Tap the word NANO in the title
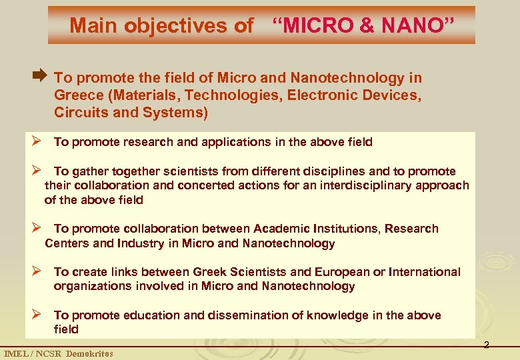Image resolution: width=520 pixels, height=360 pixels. (413, 26)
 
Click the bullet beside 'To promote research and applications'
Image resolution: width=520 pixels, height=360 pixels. (39, 141)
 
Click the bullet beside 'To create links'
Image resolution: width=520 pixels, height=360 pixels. (39, 271)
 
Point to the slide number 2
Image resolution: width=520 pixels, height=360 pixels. (486, 345)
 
